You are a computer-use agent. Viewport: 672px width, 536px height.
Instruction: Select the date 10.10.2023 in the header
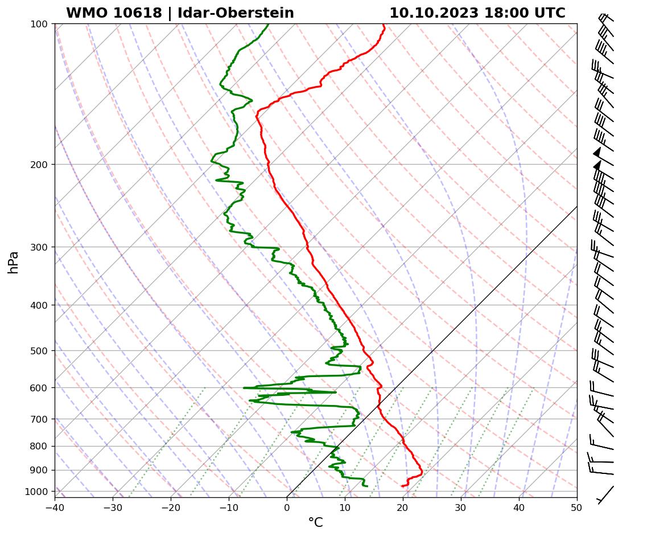[x=434, y=13]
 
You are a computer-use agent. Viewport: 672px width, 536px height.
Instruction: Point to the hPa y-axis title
[x=13, y=262]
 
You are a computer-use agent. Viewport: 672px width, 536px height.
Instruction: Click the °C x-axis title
[x=315, y=523]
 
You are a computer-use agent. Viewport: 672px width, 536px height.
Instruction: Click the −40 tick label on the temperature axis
[x=55, y=508]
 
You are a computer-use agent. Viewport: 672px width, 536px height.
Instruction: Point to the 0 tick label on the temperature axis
[x=287, y=508]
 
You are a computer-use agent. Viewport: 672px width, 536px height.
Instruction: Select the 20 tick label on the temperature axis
[x=403, y=508]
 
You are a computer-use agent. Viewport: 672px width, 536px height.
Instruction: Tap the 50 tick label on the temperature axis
[x=577, y=508]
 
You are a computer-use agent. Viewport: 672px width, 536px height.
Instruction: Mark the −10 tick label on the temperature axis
[x=229, y=508]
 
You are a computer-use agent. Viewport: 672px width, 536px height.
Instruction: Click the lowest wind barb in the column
[x=605, y=494]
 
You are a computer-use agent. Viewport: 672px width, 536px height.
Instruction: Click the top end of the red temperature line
[x=384, y=24]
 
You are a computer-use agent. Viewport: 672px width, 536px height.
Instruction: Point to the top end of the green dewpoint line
[x=268, y=24]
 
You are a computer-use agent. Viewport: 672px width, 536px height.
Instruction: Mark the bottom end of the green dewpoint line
[x=367, y=486]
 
